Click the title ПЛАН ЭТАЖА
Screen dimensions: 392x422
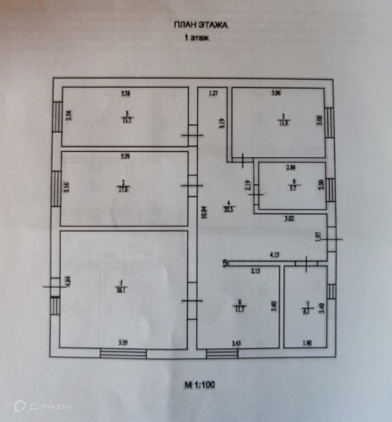tap(200, 25)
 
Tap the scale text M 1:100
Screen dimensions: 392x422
tap(200, 385)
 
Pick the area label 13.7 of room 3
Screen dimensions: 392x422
tap(126, 120)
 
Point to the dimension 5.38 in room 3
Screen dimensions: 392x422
tap(125, 93)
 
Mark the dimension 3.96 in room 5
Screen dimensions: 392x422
tap(276, 93)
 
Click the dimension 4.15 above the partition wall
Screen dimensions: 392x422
tap(275, 255)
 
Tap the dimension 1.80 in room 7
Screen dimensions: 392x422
tap(307, 342)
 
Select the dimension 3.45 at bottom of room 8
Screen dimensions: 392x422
tap(237, 342)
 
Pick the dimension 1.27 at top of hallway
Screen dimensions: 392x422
tap(213, 93)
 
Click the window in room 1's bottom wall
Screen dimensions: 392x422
tap(123, 353)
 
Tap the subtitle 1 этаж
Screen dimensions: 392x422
tap(197, 38)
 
